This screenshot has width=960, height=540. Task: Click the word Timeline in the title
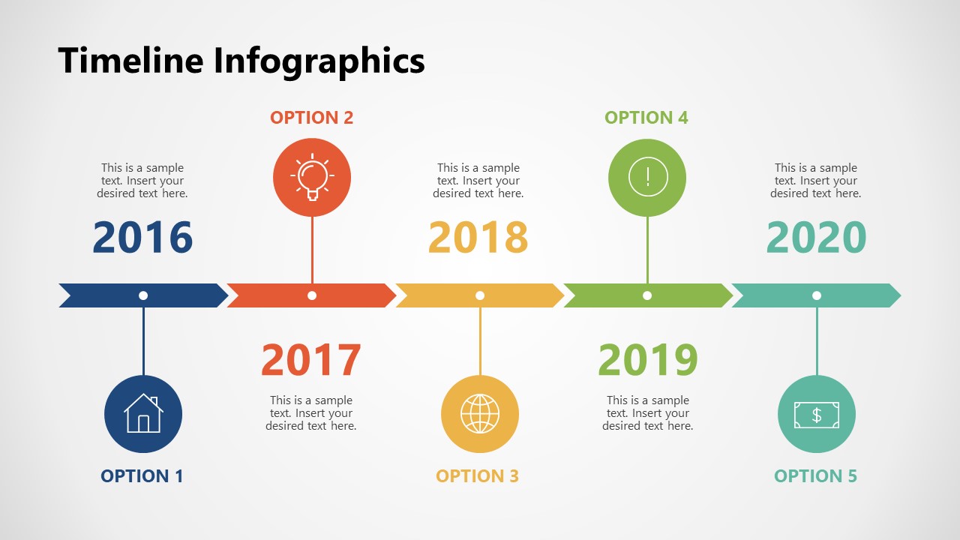tap(130, 61)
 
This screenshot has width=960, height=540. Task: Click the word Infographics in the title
tap(319, 63)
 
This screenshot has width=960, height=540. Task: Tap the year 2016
tap(142, 237)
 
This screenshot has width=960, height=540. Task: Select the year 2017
tap(311, 359)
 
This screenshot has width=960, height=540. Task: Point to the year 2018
tap(478, 237)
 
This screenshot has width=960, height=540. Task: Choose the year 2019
tap(648, 359)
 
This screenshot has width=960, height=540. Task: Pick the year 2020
tap(817, 237)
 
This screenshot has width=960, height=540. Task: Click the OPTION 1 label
tap(142, 476)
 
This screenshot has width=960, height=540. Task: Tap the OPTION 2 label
tap(311, 118)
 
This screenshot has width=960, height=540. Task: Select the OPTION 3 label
tap(478, 476)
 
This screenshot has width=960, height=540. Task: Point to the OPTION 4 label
tap(646, 118)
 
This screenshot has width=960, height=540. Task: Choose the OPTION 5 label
tap(815, 476)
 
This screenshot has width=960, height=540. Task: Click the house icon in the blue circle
tap(143, 413)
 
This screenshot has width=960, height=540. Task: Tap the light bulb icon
tap(313, 177)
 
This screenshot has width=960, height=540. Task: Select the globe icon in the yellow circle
tap(480, 414)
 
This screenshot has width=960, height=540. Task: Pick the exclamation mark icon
tap(648, 177)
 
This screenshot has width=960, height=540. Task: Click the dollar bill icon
tap(817, 415)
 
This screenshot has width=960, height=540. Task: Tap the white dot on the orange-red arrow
tap(312, 295)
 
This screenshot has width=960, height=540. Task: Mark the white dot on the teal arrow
tap(817, 295)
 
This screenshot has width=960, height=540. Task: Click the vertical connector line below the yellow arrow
tap(480, 341)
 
